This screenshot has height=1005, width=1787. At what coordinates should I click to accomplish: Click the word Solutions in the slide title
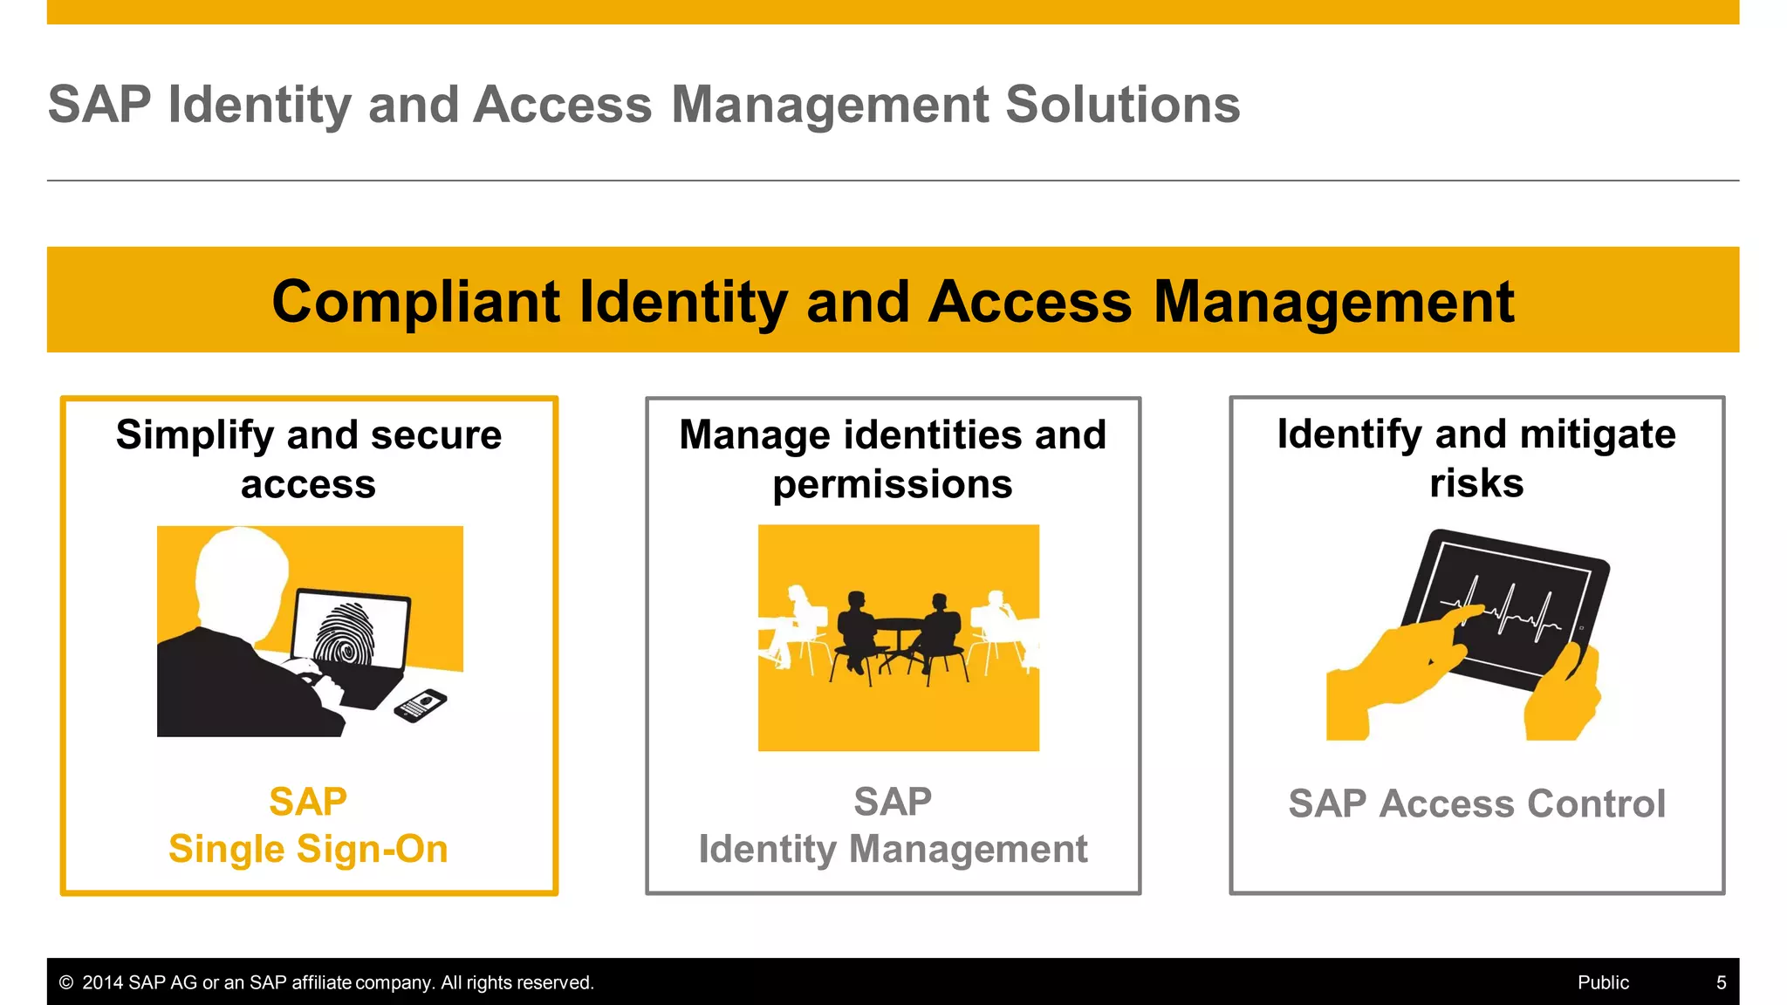[x=1122, y=105]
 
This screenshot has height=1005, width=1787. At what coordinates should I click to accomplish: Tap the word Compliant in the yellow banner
[x=415, y=302]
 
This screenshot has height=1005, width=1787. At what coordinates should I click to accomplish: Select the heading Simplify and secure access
[x=308, y=459]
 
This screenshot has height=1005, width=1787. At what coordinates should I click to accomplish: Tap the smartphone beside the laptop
[x=421, y=704]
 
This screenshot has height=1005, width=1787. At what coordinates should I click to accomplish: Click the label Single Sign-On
[x=308, y=849]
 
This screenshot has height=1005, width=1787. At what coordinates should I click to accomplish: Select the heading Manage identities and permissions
[x=892, y=459]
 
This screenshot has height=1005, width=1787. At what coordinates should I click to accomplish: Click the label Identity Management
[x=893, y=849]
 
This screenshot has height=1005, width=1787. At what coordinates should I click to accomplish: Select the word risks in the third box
[x=1476, y=483]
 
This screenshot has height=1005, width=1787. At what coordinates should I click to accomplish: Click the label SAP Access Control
[x=1476, y=803]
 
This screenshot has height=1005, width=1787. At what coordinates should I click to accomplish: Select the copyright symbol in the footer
[x=66, y=983]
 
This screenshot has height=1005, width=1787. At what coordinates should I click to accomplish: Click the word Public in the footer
[x=1602, y=983]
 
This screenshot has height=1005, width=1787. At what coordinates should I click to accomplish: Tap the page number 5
[x=1721, y=983]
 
